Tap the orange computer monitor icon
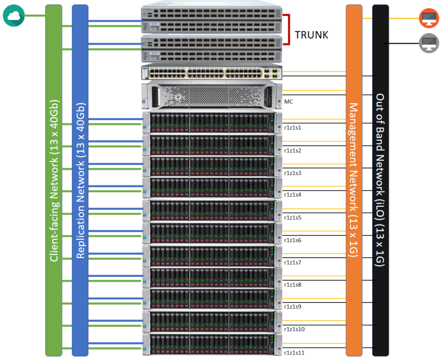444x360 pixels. click(428, 18)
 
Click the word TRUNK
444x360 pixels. click(312, 35)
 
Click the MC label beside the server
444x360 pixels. click(289, 101)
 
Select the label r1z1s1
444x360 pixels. click(293, 128)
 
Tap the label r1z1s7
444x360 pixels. click(293, 262)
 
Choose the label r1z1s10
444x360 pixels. click(294, 329)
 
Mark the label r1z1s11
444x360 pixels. click(294, 352)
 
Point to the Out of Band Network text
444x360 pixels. click(380, 180)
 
